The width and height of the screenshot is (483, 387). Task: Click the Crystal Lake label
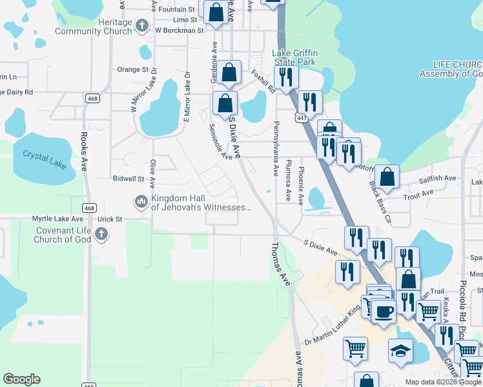pos(45,159)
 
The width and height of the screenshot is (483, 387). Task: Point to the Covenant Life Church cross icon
pos(102,234)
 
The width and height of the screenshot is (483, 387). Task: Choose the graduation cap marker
pos(400,352)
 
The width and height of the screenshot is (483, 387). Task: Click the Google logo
pos(21,379)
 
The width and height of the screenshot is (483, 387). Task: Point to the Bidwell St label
pos(128,179)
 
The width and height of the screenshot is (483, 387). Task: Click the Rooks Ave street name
pos(84,152)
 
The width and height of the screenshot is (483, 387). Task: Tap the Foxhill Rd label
pos(263,82)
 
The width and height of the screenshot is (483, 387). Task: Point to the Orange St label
pos(133,70)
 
